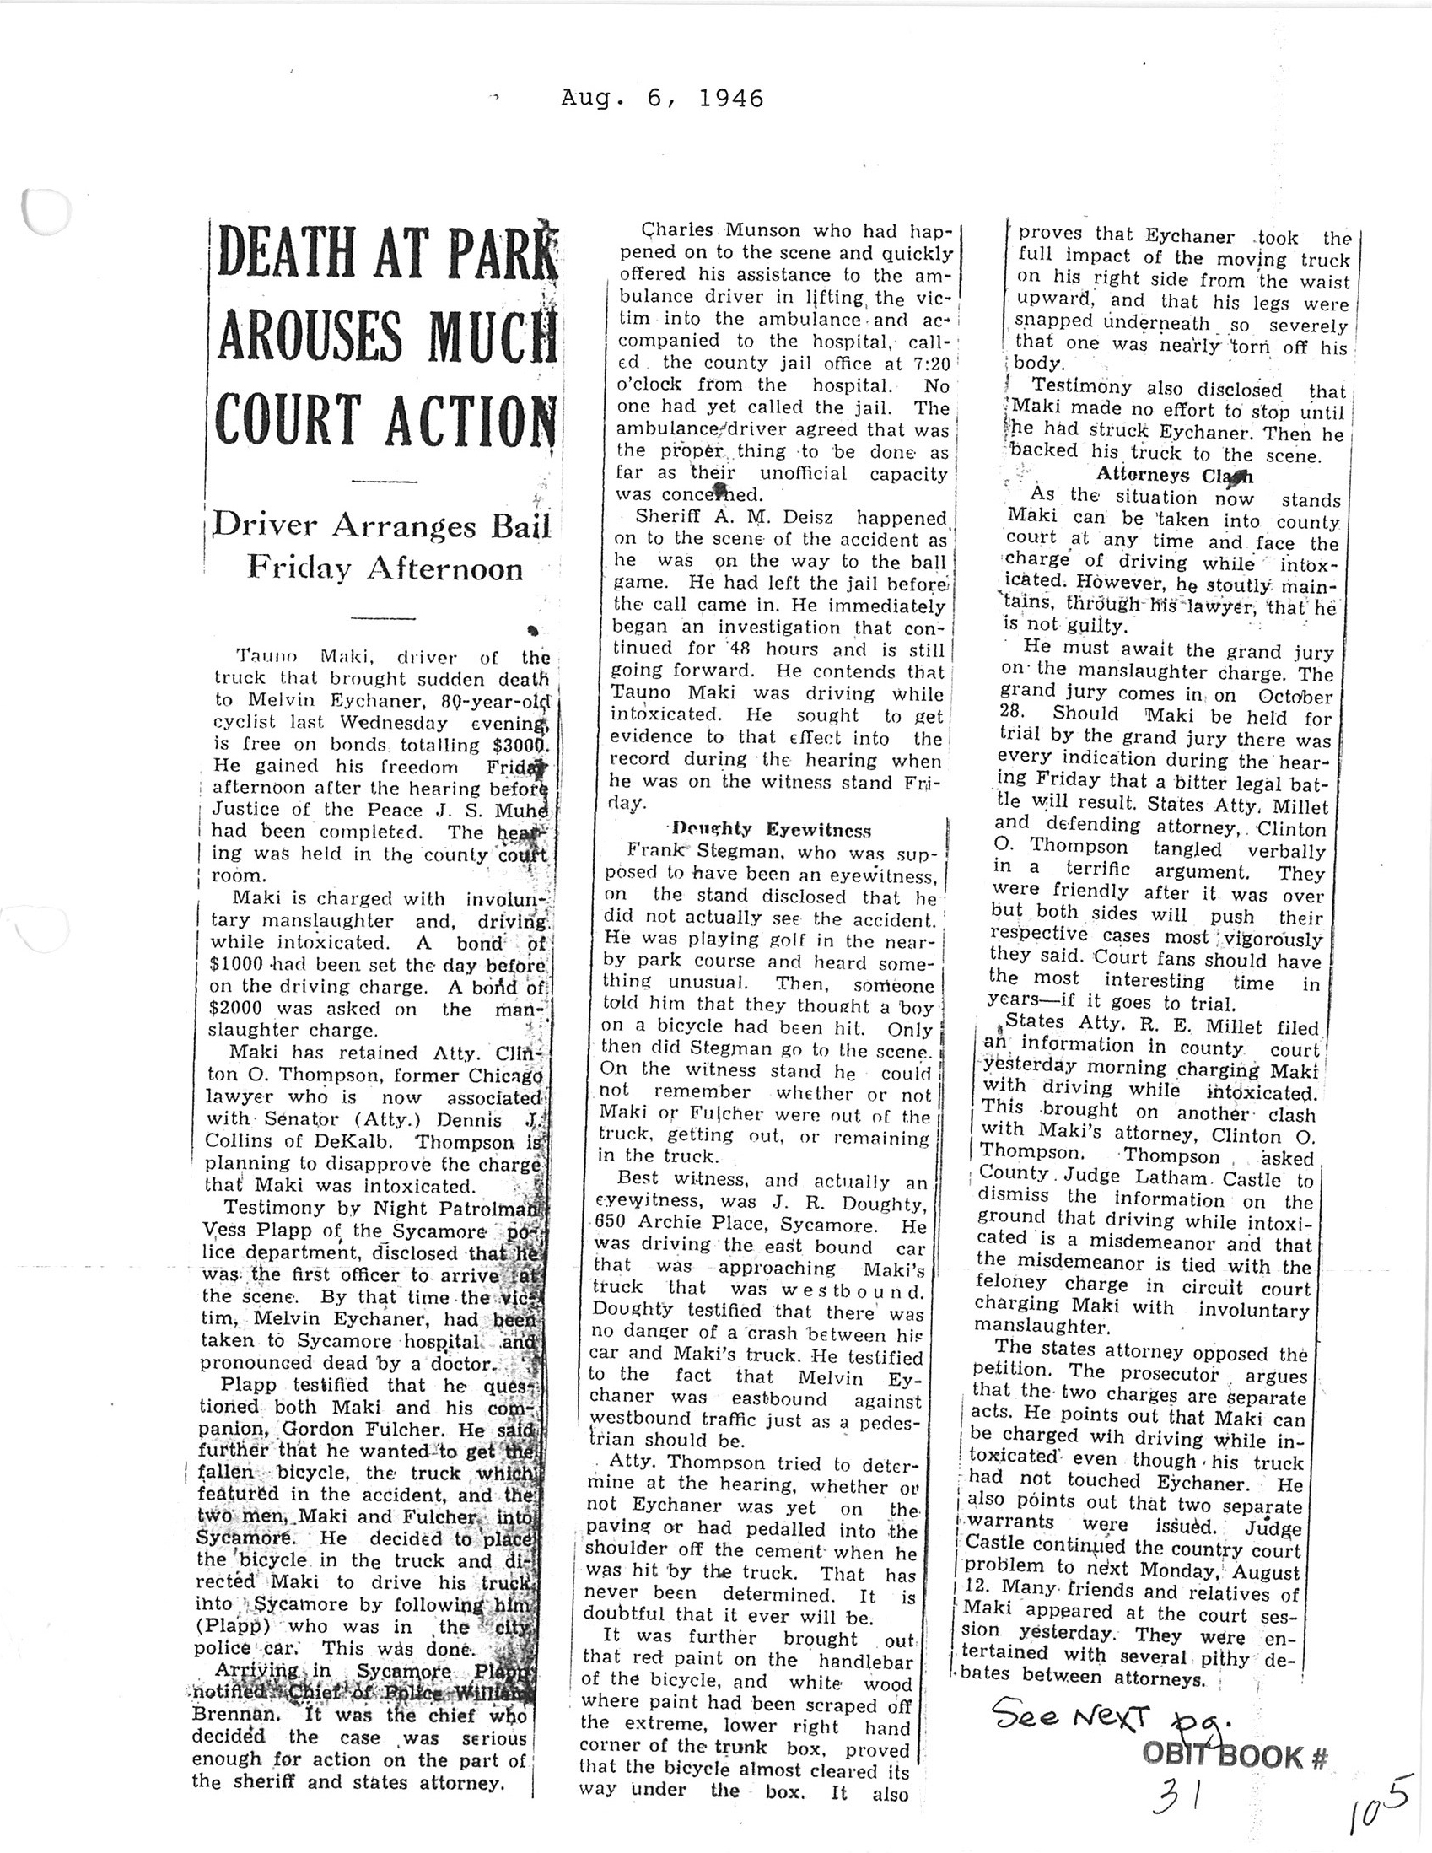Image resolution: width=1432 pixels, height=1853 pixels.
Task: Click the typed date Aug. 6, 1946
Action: (x=662, y=100)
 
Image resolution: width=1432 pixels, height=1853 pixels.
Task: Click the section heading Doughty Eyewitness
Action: (x=771, y=829)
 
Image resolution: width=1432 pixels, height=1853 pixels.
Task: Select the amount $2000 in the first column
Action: (x=240, y=1008)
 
